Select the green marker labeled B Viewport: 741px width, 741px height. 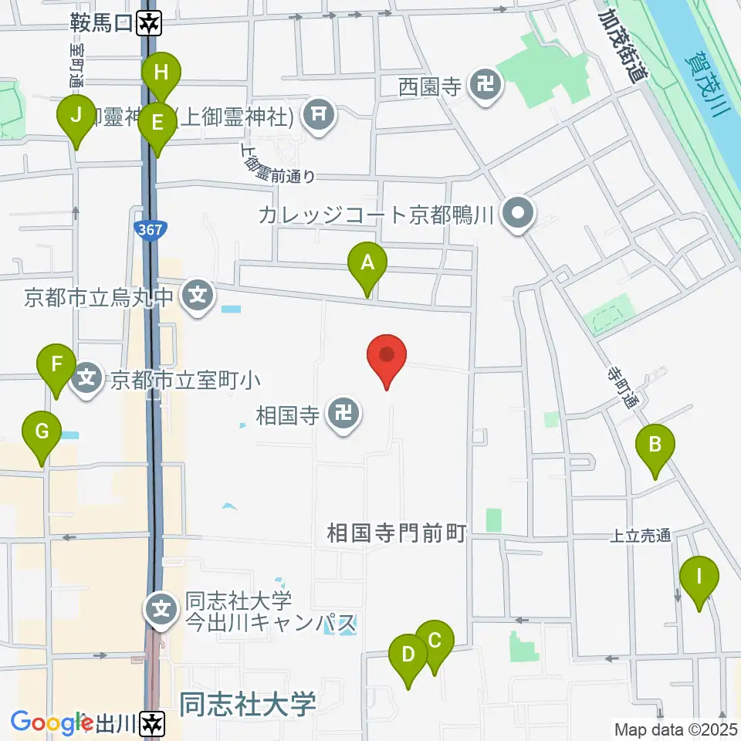[x=655, y=445]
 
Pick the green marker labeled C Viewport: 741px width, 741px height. [x=434, y=641]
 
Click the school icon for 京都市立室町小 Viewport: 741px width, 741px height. [x=87, y=378]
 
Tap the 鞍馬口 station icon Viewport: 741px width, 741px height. [x=149, y=24]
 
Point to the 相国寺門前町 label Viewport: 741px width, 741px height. [x=397, y=533]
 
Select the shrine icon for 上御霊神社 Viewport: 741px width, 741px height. [x=319, y=117]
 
